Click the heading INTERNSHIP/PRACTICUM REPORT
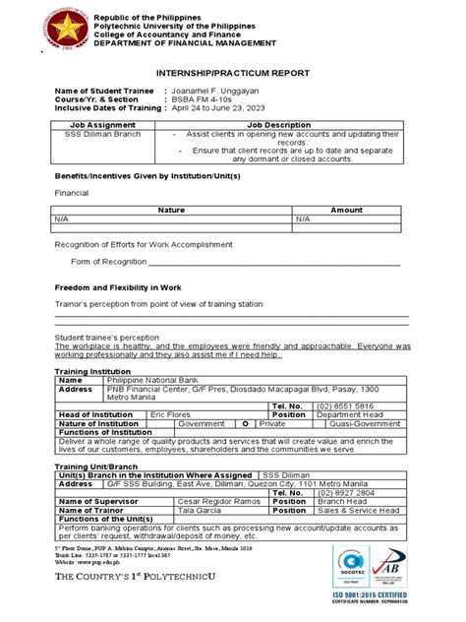coord(232,74)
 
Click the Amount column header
coord(346,210)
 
